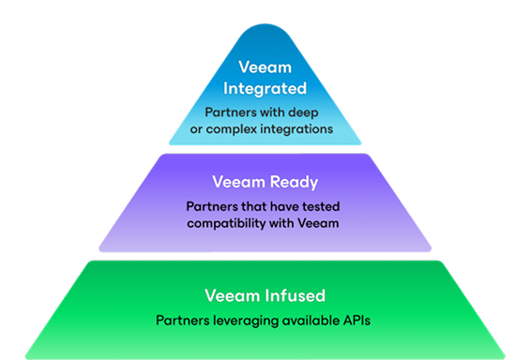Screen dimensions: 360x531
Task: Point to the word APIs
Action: click(x=357, y=322)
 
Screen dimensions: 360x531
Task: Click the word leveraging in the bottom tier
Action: click(x=242, y=322)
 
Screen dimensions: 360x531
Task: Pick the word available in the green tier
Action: click(x=308, y=322)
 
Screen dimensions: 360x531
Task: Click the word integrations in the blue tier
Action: click(x=299, y=129)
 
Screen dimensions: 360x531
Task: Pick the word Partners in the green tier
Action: click(x=182, y=322)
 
